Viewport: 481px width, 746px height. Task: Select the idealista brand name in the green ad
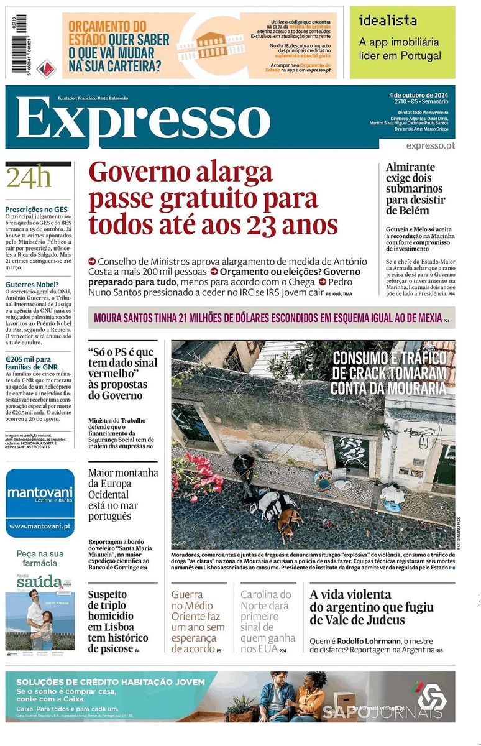[388, 21]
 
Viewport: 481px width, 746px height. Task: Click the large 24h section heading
[28, 178]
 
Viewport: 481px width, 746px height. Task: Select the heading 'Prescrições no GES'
[37, 210]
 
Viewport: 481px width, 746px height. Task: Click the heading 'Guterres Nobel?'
[32, 284]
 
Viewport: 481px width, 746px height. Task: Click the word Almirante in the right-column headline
[410, 167]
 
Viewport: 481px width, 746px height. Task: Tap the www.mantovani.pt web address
[40, 526]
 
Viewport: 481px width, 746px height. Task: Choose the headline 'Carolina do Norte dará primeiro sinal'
[266, 621]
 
